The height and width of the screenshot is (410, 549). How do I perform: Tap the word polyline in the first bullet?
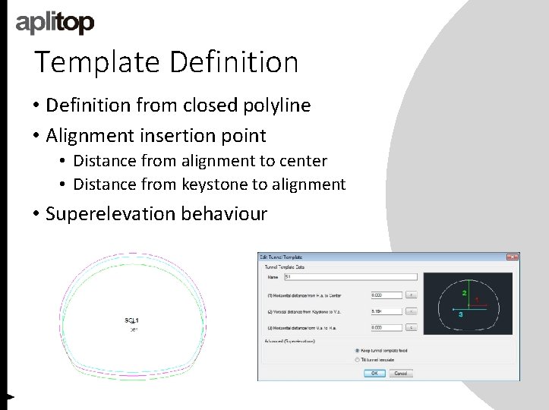[x=271, y=106]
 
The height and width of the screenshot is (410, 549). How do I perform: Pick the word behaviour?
[x=224, y=213]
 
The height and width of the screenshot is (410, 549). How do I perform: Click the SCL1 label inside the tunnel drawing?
[x=132, y=321]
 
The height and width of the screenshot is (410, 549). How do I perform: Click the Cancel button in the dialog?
[x=400, y=374]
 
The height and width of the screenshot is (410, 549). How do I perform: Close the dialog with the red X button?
[x=513, y=257]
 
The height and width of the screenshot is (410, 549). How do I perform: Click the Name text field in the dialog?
[x=350, y=277]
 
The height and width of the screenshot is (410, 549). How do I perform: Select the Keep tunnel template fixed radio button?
[x=358, y=351]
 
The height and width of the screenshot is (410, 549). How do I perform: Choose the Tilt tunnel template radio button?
[x=358, y=360]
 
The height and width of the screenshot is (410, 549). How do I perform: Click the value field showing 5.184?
[x=386, y=311]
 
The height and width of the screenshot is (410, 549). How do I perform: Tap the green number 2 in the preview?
[x=464, y=292]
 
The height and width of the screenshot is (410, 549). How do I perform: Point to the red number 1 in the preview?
[x=477, y=301]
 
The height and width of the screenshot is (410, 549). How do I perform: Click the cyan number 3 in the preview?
[x=460, y=314]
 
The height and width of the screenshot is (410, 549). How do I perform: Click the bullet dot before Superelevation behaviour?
[x=36, y=214]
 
